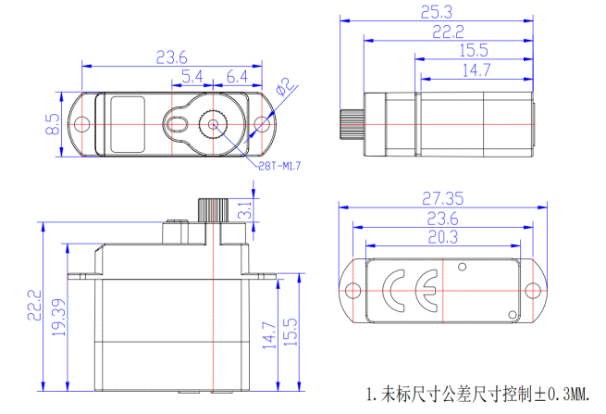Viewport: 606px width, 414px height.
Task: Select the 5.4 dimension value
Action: [192, 76]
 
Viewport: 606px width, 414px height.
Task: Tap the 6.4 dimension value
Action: [236, 76]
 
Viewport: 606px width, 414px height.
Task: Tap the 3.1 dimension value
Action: [245, 209]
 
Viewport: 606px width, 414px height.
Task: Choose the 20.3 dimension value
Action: [443, 237]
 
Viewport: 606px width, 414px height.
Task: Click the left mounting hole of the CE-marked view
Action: [353, 290]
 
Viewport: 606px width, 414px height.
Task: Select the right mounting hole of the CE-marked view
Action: [533, 290]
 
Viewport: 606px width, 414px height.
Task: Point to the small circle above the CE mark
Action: [462, 268]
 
